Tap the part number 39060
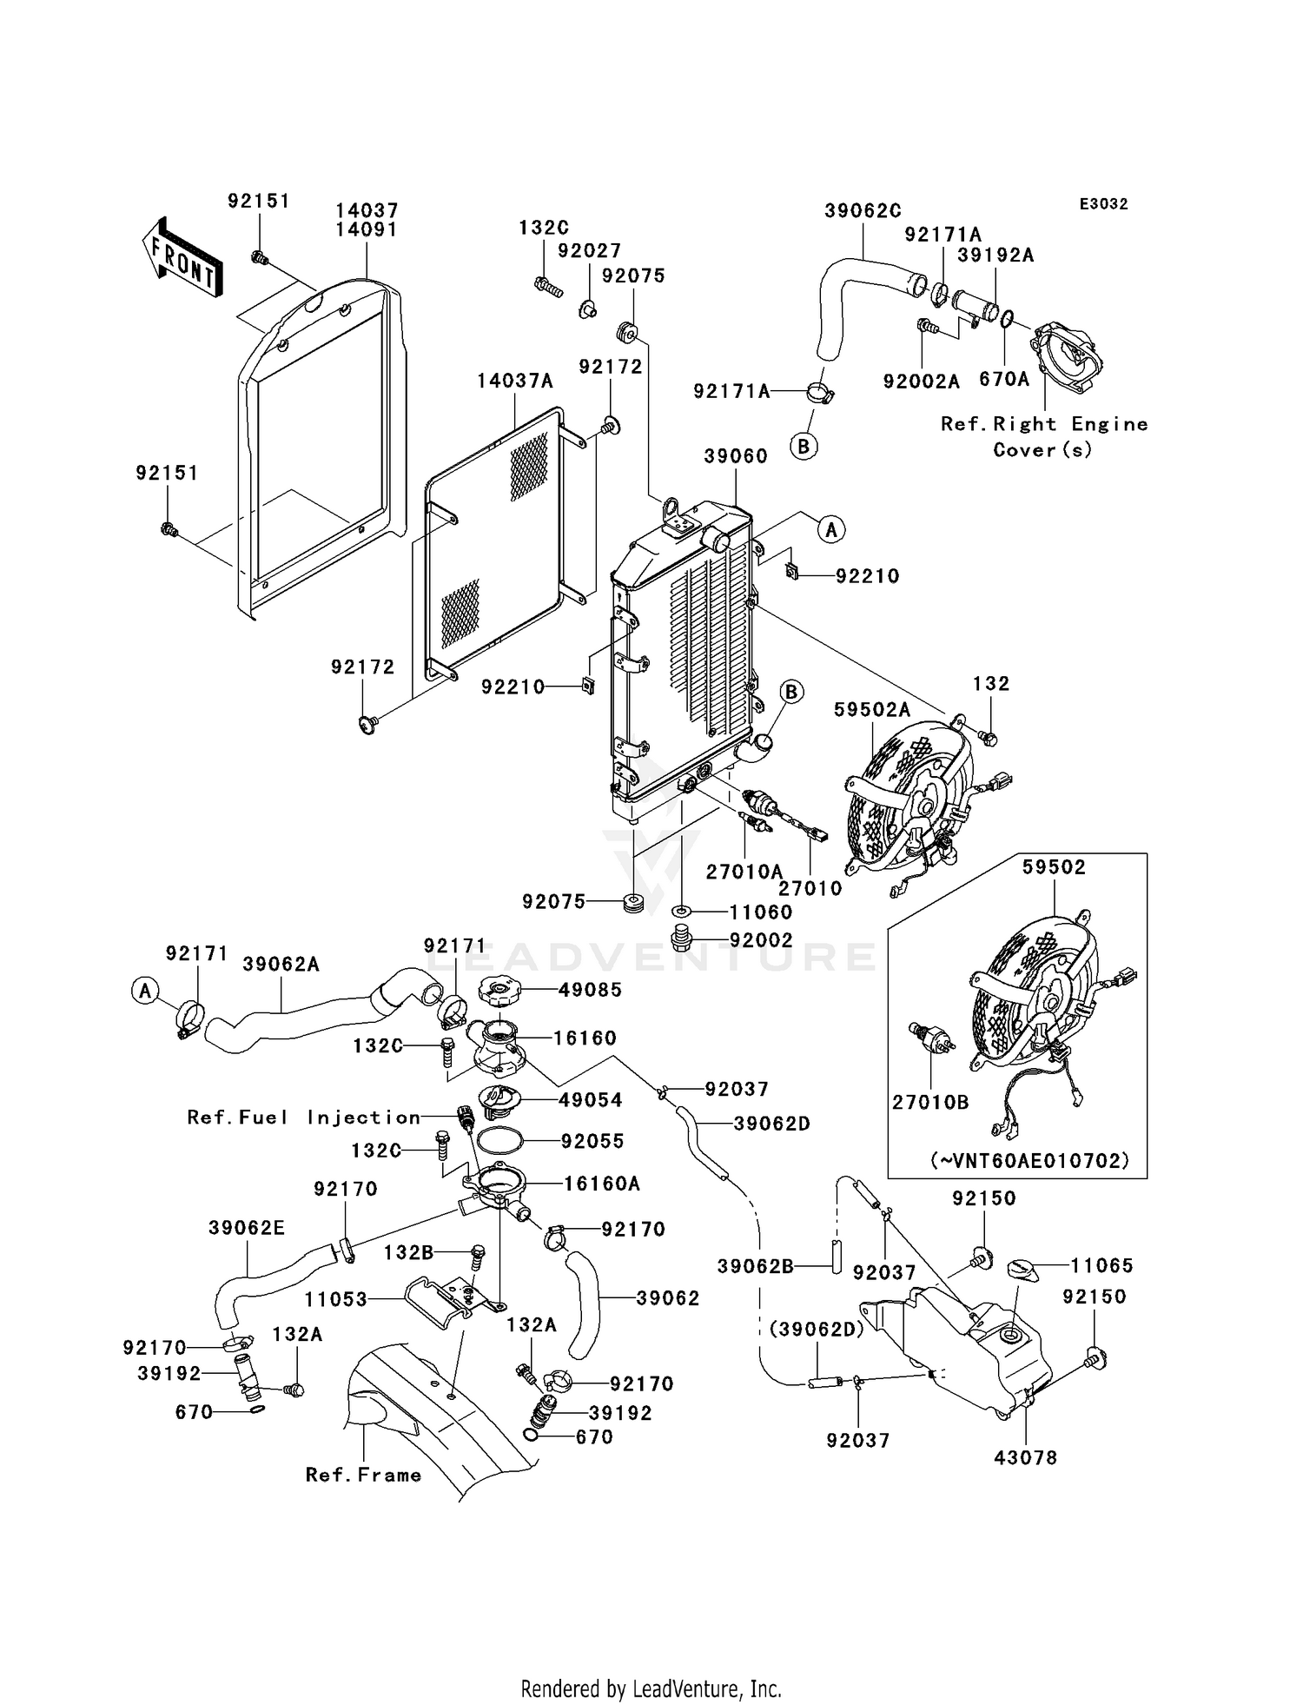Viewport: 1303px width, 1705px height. point(736,456)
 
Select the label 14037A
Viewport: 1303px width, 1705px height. point(514,381)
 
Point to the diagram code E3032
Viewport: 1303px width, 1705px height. point(1103,204)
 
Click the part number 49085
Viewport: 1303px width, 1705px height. point(591,990)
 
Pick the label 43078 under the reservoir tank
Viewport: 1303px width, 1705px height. point(1026,1457)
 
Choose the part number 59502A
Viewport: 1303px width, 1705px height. point(872,710)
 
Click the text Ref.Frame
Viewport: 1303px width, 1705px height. point(363,1475)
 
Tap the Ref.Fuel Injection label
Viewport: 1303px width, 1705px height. point(304,1118)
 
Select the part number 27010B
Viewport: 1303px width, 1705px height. point(930,1102)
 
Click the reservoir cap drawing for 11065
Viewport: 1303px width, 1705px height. point(1024,1270)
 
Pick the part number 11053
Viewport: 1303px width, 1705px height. point(335,1300)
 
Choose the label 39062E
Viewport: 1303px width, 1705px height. point(247,1228)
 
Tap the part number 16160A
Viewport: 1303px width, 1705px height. point(602,1184)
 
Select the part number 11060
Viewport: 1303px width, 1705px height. point(761,912)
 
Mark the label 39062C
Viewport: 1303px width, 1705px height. point(863,210)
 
